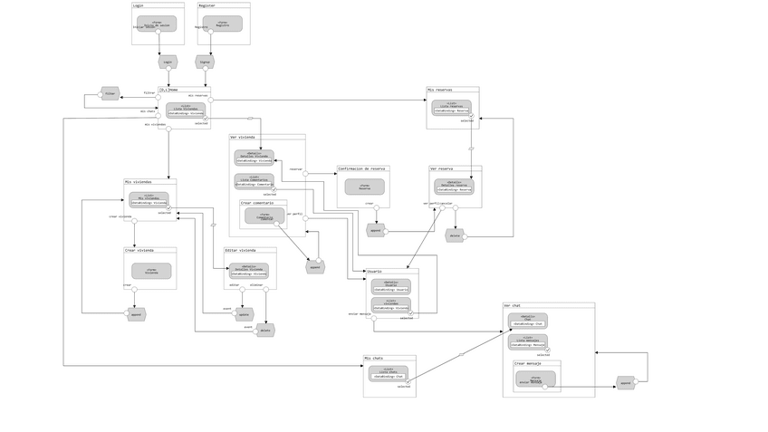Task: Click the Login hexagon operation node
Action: tap(168, 62)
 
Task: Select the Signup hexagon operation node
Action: tap(205, 62)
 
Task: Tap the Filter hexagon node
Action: tap(110, 93)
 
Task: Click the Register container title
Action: tap(207, 5)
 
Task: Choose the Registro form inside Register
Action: tap(222, 24)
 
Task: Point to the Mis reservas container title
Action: tap(440, 90)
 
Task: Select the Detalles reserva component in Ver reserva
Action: tap(454, 186)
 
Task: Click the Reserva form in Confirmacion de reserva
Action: tap(364, 187)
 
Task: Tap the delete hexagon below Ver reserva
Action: tap(455, 235)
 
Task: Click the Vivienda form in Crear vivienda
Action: tap(151, 271)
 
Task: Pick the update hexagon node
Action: tap(244, 314)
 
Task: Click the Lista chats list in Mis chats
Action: tap(388, 372)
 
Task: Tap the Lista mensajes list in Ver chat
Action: tap(527, 341)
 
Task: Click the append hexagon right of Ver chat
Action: tap(625, 383)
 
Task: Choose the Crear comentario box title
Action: tap(257, 203)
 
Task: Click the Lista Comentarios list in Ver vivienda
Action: tap(254, 181)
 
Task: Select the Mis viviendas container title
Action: tap(139, 182)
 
